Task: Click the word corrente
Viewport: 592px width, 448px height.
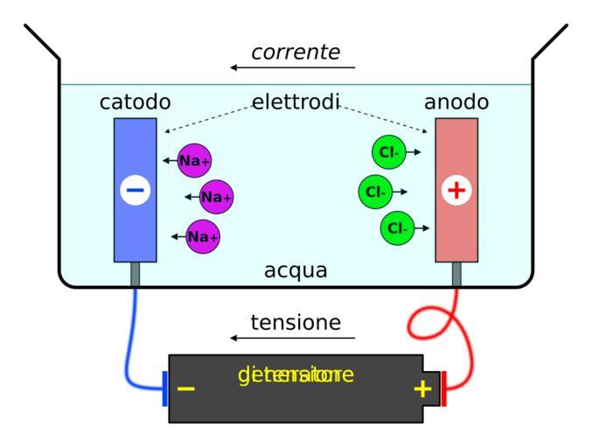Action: coord(296,52)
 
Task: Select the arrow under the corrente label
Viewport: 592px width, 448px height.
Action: coord(293,67)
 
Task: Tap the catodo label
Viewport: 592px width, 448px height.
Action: coord(135,102)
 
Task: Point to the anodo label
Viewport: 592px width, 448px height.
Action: coord(456,102)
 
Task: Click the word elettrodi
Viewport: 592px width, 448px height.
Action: coord(296,102)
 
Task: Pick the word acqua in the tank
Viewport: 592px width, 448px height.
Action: coord(296,270)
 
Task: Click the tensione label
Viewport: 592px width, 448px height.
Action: coord(296,323)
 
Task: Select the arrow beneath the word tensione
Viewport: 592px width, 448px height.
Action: coord(293,338)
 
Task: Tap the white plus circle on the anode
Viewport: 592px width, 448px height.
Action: coord(456,189)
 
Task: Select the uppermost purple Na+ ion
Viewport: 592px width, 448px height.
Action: coord(194,160)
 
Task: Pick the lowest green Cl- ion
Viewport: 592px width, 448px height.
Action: coord(397,228)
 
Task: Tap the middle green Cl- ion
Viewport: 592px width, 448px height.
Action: coord(376,191)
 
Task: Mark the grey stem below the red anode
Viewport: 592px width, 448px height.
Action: coord(456,274)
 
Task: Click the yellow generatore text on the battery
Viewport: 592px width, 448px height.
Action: coord(296,375)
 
